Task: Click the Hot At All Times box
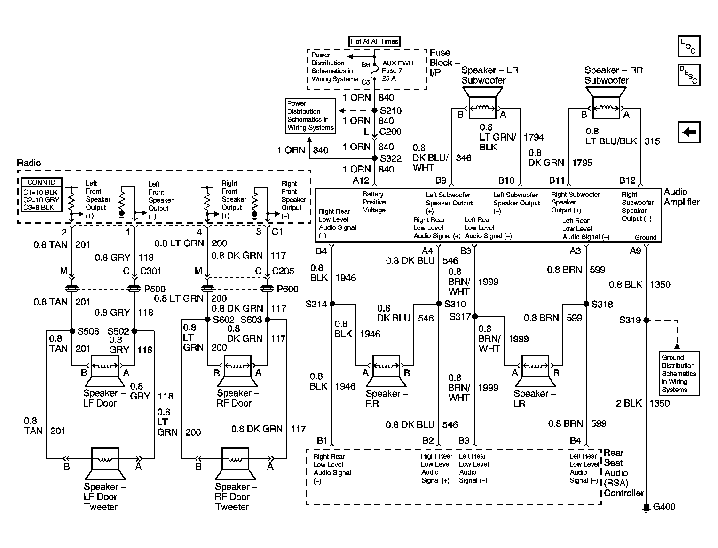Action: [374, 41]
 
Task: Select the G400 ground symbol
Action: [646, 508]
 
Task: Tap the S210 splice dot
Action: [375, 110]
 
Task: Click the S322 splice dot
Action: [375, 158]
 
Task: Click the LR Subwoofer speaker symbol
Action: [482, 103]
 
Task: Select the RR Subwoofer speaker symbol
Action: [606, 103]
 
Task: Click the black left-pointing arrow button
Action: [689, 132]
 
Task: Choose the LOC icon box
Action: [689, 46]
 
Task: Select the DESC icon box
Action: [689, 75]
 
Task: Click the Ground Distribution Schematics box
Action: [679, 373]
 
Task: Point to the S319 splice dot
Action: [646, 320]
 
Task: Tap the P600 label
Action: [287, 289]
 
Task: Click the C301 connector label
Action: [150, 271]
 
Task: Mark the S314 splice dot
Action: [332, 304]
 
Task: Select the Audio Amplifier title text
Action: [681, 197]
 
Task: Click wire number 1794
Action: [534, 137]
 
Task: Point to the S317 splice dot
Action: [474, 316]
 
